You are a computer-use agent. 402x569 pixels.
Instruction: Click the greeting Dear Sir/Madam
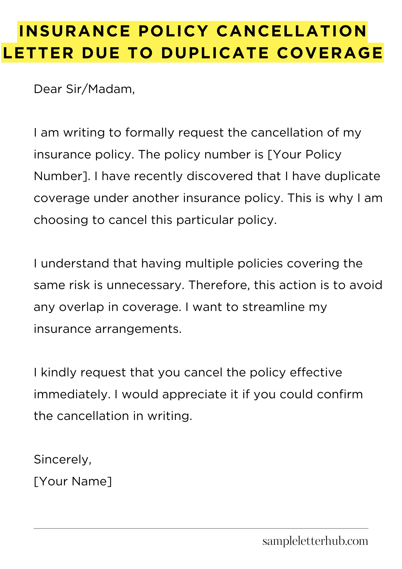tap(84, 89)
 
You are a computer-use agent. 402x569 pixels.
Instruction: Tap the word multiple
tap(210, 263)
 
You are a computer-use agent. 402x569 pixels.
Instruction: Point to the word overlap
tap(81, 307)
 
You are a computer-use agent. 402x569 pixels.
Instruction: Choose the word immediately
tap(72, 394)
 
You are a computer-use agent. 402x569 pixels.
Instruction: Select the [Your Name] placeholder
tap(73, 481)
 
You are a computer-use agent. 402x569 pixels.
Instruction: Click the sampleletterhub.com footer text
tap(315, 541)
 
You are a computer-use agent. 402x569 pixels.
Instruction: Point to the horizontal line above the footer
tap(201, 529)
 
